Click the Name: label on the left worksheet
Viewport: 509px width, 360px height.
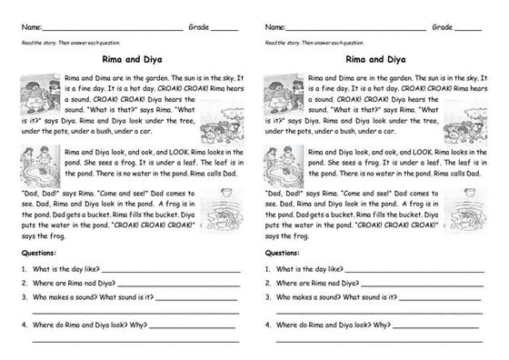click(28, 28)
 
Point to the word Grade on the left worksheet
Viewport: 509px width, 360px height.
click(199, 28)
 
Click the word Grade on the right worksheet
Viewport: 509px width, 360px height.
click(443, 28)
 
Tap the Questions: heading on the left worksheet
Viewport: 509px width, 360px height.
click(38, 254)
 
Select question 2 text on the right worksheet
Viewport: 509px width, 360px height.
click(313, 283)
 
